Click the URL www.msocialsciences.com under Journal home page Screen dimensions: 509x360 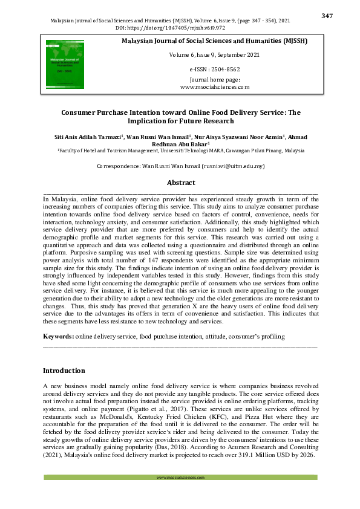215,87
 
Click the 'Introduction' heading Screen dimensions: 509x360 64,370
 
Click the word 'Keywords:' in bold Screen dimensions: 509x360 59,336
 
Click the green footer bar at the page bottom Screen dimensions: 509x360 180,478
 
